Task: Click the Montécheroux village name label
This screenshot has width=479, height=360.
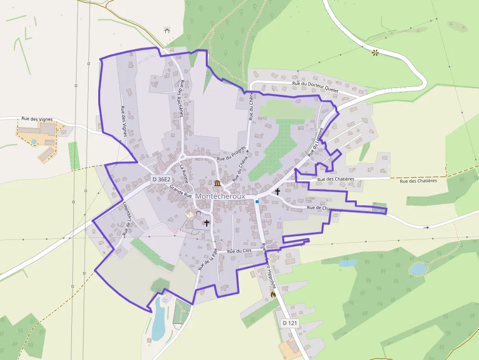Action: coord(220,196)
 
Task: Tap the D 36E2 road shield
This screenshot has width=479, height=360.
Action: coord(161,179)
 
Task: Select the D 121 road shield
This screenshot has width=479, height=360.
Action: coord(290,323)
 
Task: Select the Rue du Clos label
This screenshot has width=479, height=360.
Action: coord(240,251)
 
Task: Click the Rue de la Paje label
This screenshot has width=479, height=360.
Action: coord(207,259)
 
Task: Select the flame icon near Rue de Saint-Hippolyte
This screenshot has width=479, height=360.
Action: coord(273,295)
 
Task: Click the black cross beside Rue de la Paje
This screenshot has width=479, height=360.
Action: coord(206,223)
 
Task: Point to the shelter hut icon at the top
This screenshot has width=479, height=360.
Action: coord(167,30)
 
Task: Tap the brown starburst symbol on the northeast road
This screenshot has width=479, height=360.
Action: coord(375,52)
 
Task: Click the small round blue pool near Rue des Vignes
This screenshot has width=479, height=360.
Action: coord(34,142)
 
